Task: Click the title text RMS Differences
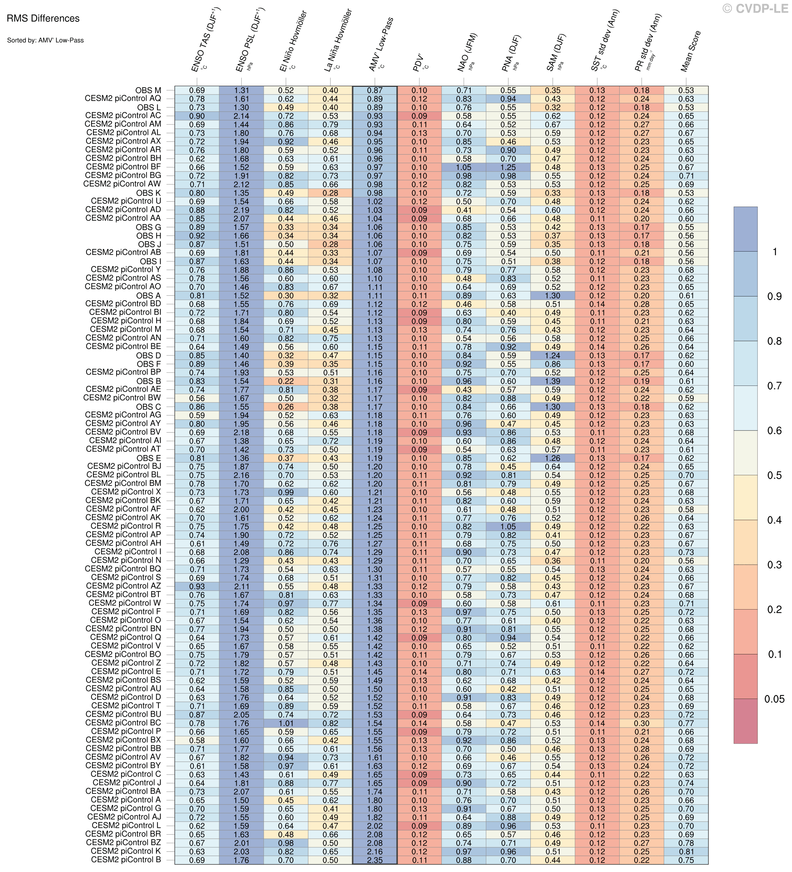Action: (x=43, y=18)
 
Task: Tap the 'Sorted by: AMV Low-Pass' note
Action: (x=45, y=40)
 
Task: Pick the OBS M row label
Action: (x=148, y=90)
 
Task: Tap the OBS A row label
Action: (x=148, y=296)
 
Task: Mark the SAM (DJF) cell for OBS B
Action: (x=552, y=381)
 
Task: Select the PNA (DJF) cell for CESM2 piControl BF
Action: (x=508, y=167)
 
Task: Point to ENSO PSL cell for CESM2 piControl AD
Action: (x=241, y=210)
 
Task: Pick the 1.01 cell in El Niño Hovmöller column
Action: (x=286, y=723)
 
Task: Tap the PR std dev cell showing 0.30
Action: (x=641, y=723)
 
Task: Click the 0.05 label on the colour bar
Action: (x=774, y=699)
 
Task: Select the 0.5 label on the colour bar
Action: (x=774, y=476)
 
